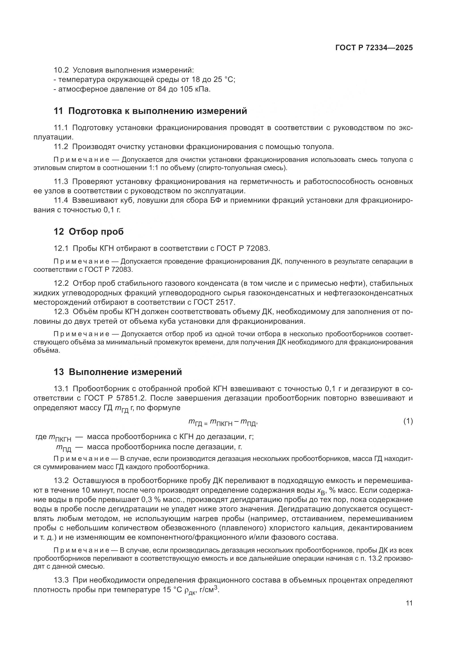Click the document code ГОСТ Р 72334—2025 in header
point(374,48)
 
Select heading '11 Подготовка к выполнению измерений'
point(150,111)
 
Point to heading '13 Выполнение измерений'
point(118,372)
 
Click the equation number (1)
point(408,421)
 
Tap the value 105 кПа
point(195,89)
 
